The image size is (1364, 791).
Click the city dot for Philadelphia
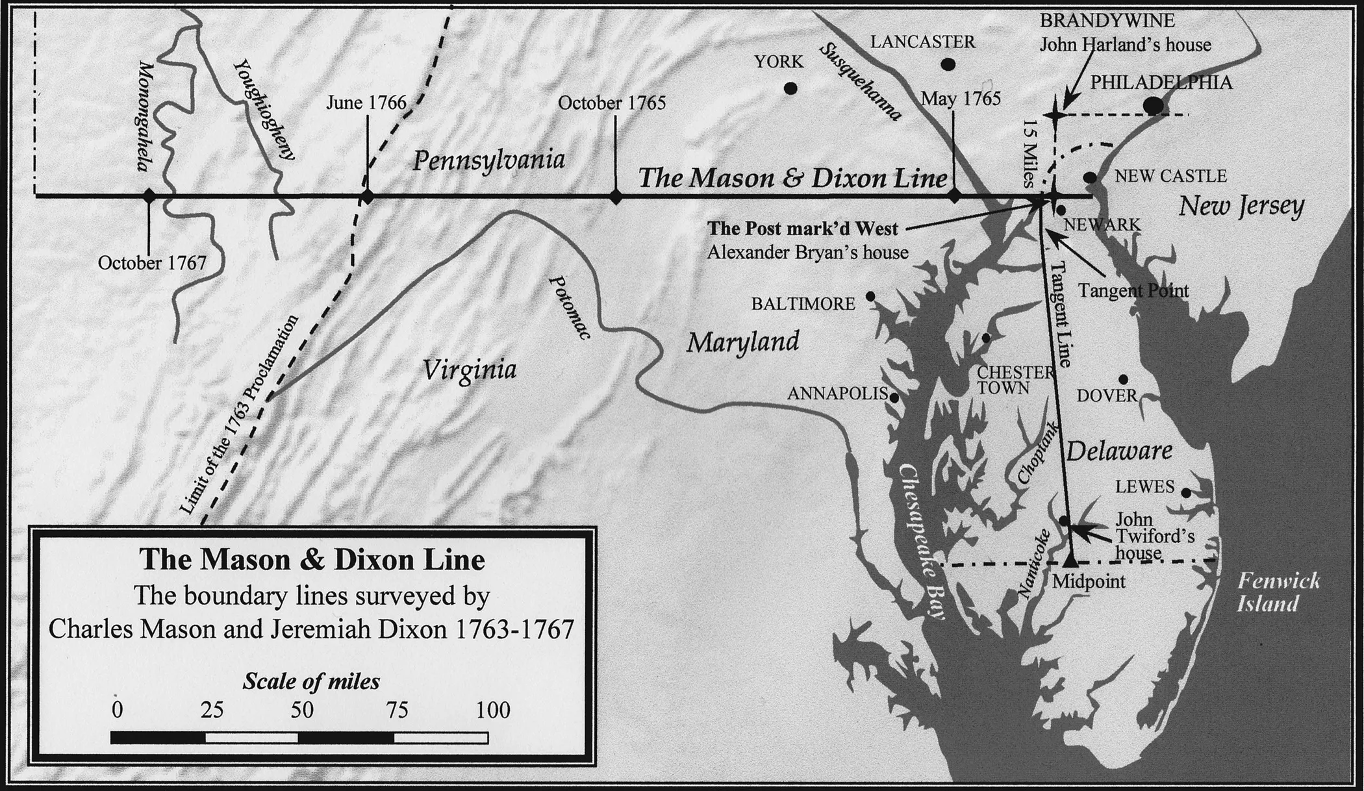pyautogui.click(x=1153, y=104)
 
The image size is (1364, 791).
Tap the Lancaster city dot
pyautogui.click(x=948, y=64)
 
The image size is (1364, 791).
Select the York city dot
pyautogui.click(x=790, y=88)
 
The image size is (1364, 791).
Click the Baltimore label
pyautogui.click(x=803, y=304)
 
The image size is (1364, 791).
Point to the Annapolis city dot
pyautogui.click(x=894, y=397)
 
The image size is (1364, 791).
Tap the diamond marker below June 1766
pyautogui.click(x=367, y=197)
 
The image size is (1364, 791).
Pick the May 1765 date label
pyautogui.click(x=961, y=99)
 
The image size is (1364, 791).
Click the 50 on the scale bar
pyautogui.click(x=302, y=710)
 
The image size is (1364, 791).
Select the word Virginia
pyautogui.click(x=470, y=370)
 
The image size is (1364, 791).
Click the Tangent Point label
pyautogui.click(x=1133, y=290)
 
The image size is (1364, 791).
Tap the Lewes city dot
pyautogui.click(x=1185, y=493)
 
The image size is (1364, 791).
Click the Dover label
pyautogui.click(x=1107, y=395)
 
